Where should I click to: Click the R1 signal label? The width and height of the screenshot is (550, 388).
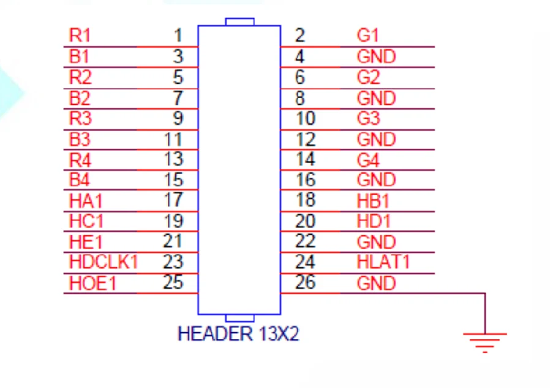pos(80,36)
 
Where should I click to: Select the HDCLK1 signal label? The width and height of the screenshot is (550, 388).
pos(104,262)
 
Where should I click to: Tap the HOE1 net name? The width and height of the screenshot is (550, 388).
pos(92,283)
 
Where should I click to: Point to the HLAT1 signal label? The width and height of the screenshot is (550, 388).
pos(383,262)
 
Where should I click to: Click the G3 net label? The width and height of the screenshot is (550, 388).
pos(368,118)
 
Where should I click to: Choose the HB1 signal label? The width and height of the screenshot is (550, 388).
pos(373,200)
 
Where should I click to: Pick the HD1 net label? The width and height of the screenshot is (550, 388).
pos(373,221)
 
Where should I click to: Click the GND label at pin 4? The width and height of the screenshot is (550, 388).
pos(376,57)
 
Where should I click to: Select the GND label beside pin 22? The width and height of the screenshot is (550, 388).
pos(376,242)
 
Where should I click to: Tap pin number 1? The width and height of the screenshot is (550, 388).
pos(178,36)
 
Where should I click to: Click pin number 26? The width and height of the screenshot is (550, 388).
pos(305,283)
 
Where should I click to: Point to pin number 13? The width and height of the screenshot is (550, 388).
pos(174,159)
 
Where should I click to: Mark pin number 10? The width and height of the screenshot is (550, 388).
pos(305,118)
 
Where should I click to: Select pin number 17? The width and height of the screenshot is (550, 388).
pos(174,200)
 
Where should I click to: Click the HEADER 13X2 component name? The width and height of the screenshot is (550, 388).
pos(238,334)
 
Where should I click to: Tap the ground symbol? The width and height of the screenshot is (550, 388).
pos(484,341)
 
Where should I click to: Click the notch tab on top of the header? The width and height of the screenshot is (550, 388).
pos(239,21)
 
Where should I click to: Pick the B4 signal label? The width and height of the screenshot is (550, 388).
pos(80,180)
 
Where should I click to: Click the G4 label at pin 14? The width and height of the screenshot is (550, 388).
pos(368,159)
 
